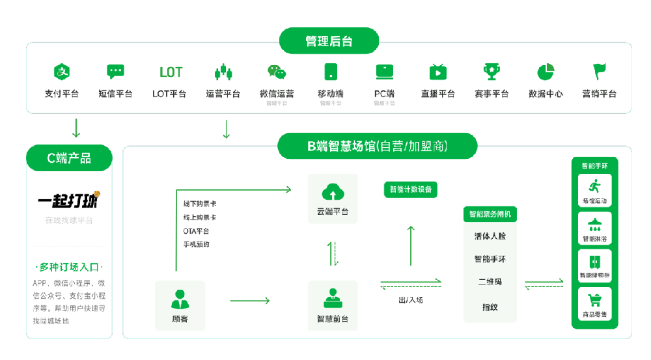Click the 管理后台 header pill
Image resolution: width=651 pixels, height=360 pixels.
tap(329, 41)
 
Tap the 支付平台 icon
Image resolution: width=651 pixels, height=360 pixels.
tap(62, 72)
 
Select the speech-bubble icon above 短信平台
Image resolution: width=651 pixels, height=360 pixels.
tap(115, 72)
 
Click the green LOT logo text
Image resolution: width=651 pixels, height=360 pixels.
tap(171, 72)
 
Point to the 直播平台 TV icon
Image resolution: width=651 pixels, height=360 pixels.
tap(437, 72)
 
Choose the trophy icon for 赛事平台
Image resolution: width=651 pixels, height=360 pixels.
tap(491, 72)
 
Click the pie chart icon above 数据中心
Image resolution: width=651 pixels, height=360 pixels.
tap(546, 72)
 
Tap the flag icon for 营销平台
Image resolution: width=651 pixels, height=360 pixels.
tap(599, 71)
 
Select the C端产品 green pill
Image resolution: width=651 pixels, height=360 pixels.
tap(69, 158)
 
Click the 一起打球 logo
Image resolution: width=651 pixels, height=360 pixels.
tap(69, 200)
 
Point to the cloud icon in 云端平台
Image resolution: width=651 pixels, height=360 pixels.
tap(333, 192)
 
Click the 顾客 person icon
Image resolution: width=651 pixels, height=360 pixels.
tap(180, 299)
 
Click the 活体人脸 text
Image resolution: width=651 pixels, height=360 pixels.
tap(490, 236)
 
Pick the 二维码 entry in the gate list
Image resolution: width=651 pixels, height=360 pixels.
tap(490, 283)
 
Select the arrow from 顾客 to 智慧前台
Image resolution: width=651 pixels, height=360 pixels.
tap(249, 301)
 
